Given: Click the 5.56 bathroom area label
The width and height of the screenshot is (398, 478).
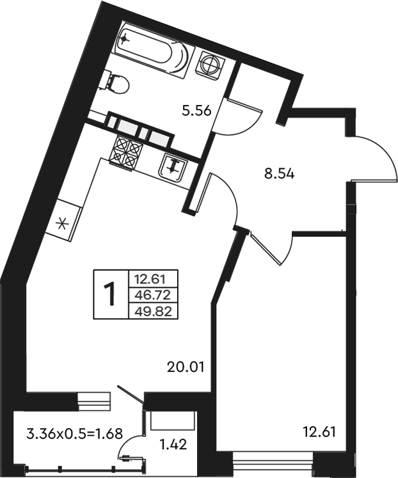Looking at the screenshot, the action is (196, 111).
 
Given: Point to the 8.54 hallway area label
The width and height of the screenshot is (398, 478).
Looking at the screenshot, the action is (279, 175).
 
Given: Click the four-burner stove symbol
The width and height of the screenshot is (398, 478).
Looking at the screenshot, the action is (125, 152).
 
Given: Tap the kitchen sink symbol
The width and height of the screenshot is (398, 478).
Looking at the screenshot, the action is (173, 167).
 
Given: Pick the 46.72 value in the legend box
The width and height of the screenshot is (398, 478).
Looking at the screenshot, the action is (154, 295).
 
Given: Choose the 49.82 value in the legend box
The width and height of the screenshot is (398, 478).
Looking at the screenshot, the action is (154, 312).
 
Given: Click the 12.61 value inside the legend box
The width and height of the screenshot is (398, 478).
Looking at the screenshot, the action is (154, 278).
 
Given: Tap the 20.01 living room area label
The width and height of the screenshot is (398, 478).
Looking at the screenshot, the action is (185, 367).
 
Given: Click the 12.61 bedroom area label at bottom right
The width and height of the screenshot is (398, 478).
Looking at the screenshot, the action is (319, 432).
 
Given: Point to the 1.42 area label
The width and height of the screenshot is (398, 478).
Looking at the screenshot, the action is (173, 445).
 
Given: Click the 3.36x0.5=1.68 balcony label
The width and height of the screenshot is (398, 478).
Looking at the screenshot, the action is (75, 433).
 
